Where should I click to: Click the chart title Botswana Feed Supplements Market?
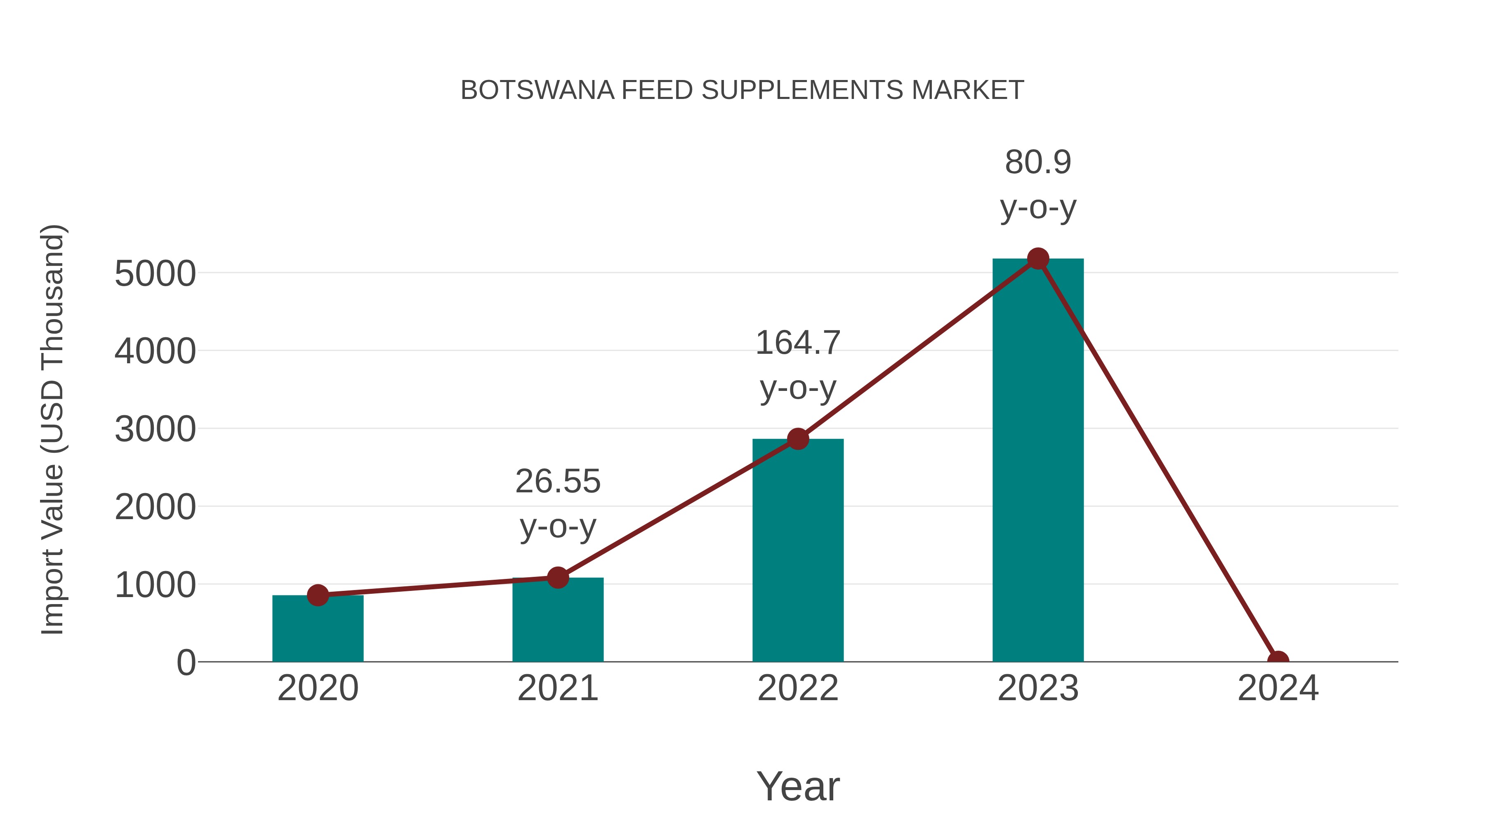pos(742,90)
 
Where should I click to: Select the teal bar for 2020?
pos(318,631)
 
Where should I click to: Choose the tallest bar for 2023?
pos(1038,461)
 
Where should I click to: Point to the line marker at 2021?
pos(557,577)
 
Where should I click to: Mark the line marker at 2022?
pos(798,439)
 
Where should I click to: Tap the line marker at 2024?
pos(1278,661)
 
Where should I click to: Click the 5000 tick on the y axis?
pos(155,274)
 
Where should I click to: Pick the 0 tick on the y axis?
pos(186,663)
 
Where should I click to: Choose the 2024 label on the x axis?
pos(1278,688)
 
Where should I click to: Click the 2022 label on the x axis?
pos(798,688)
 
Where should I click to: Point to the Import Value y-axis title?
pos(52,429)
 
